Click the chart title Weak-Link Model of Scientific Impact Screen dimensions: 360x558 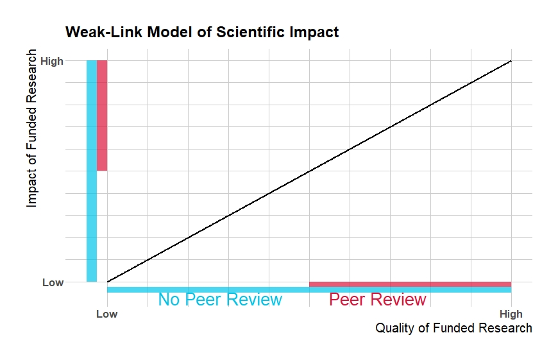tap(202, 31)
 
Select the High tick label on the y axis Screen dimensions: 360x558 tap(52, 62)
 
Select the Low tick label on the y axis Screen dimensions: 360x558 tap(53, 282)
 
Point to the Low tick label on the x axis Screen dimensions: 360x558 tap(106, 314)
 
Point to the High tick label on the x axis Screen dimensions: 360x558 tap(511, 314)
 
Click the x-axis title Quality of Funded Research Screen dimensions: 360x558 tap(453, 329)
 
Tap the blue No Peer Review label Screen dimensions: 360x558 tap(220, 300)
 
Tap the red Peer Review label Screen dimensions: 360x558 tap(377, 300)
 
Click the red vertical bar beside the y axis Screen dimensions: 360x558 tap(102, 116)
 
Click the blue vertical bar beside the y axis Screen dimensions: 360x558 tap(92, 171)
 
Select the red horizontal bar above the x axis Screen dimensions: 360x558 tap(410, 284)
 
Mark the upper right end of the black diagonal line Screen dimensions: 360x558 tap(511, 61)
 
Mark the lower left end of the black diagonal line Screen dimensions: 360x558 tap(108, 281)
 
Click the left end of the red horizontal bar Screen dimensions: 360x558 tap(311, 284)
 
